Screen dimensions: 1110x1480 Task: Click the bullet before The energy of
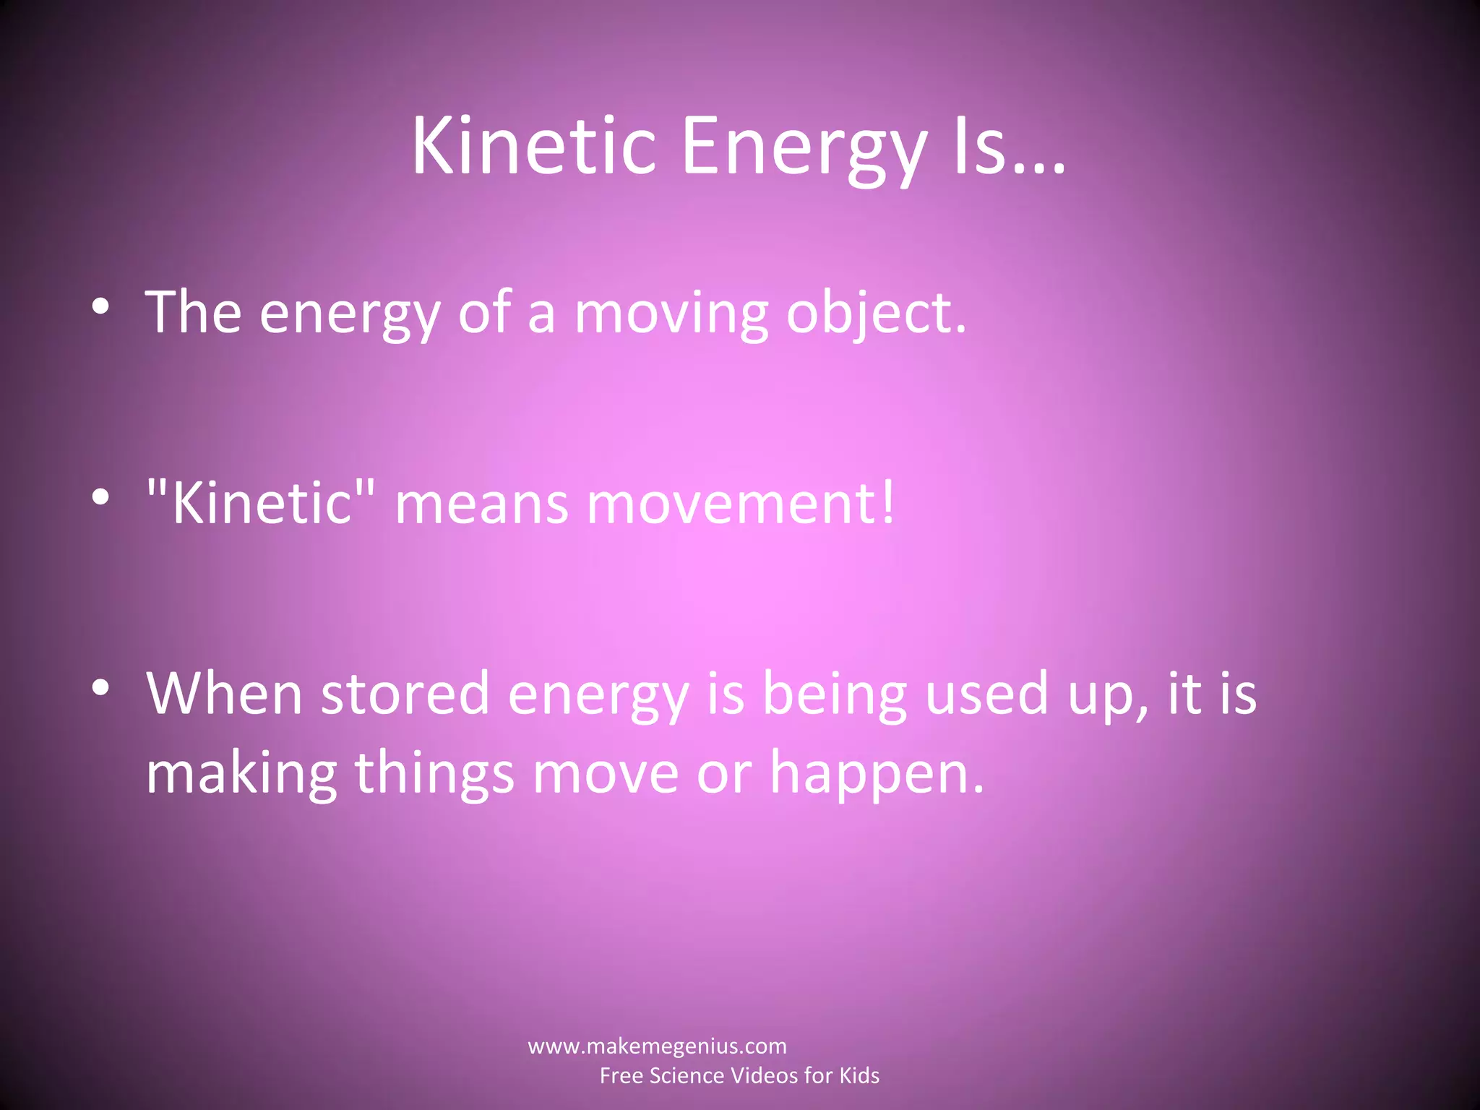tap(101, 307)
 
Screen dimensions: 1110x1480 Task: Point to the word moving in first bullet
tap(671, 314)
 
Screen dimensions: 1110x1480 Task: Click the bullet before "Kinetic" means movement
tap(101, 497)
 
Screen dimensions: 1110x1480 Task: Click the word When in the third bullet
tap(224, 694)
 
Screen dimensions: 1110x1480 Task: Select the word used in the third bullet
tap(986, 694)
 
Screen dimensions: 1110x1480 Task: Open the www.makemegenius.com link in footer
tap(657, 1046)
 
